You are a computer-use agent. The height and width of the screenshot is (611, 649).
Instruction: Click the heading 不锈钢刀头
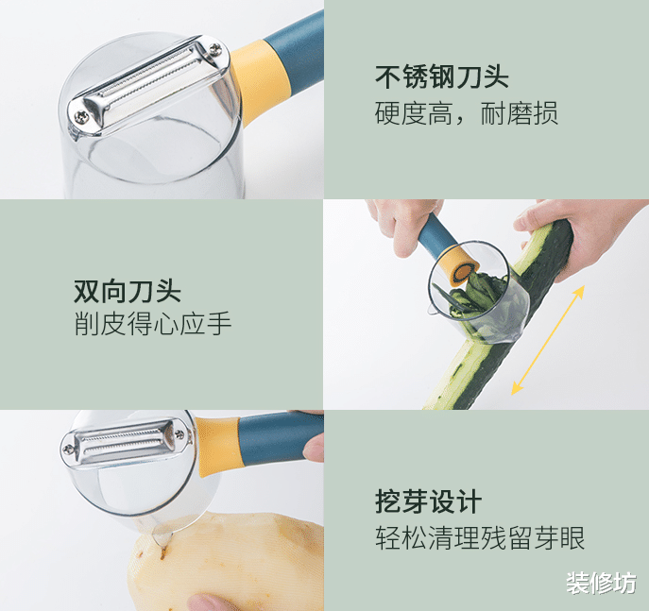pyautogui.click(x=441, y=76)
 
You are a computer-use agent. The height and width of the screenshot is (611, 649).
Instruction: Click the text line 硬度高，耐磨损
pyautogui.click(x=467, y=113)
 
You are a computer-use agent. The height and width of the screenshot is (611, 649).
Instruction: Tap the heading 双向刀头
pyautogui.click(x=128, y=291)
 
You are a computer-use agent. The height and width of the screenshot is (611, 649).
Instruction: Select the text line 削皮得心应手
pyautogui.click(x=153, y=324)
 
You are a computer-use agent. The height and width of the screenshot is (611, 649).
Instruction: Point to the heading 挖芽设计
pyautogui.click(x=429, y=501)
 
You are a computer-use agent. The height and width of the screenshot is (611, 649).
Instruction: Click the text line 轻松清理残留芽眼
pyautogui.click(x=480, y=537)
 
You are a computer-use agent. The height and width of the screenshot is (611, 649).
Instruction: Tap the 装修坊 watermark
pyautogui.click(x=601, y=583)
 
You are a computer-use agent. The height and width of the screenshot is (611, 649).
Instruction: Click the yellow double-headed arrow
pyautogui.click(x=548, y=340)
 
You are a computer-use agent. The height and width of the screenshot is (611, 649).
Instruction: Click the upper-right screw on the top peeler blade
pyautogui.click(x=215, y=49)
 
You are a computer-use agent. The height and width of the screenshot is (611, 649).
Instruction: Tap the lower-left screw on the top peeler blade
pyautogui.click(x=81, y=117)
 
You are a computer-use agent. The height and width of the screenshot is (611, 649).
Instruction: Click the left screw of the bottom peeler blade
pyautogui.click(x=69, y=449)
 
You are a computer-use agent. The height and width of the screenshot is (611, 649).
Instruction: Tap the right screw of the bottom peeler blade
pyautogui.click(x=179, y=434)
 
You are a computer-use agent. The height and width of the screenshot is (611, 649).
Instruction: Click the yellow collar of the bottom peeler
pyautogui.click(x=218, y=445)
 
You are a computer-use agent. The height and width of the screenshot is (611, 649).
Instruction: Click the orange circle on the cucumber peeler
pyautogui.click(x=463, y=272)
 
